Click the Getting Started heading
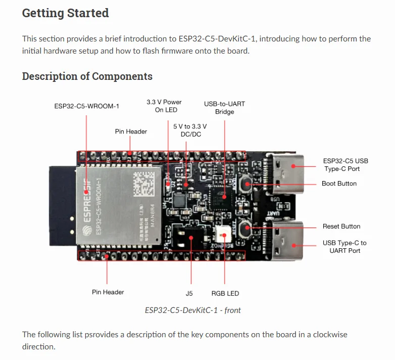(65, 13)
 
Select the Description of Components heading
(87, 76)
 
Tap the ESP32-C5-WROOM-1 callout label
(86, 106)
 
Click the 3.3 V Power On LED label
(164, 106)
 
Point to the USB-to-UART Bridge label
(224, 108)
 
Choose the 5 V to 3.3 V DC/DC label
(190, 130)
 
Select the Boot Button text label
(339, 184)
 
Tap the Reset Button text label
(341, 226)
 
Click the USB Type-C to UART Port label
(344, 247)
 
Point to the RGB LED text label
(225, 293)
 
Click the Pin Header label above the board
(131, 131)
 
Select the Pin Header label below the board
(108, 292)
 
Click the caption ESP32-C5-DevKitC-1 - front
(192, 310)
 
